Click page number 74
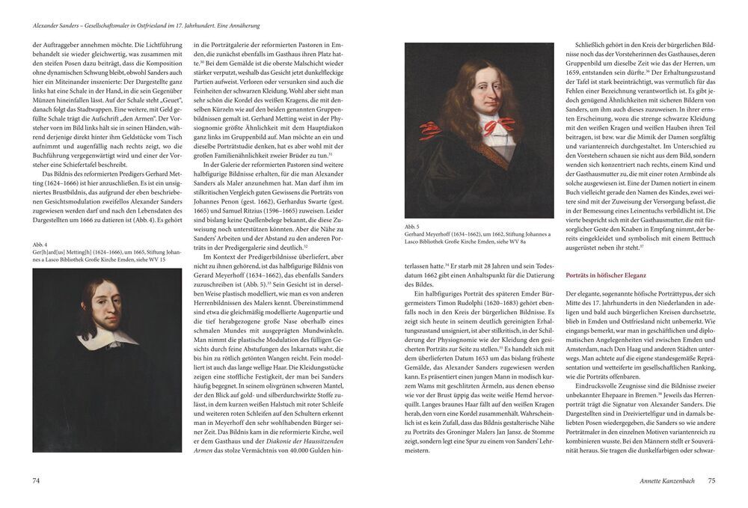35,480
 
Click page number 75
712,480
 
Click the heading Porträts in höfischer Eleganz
607,275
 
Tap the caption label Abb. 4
40,244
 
